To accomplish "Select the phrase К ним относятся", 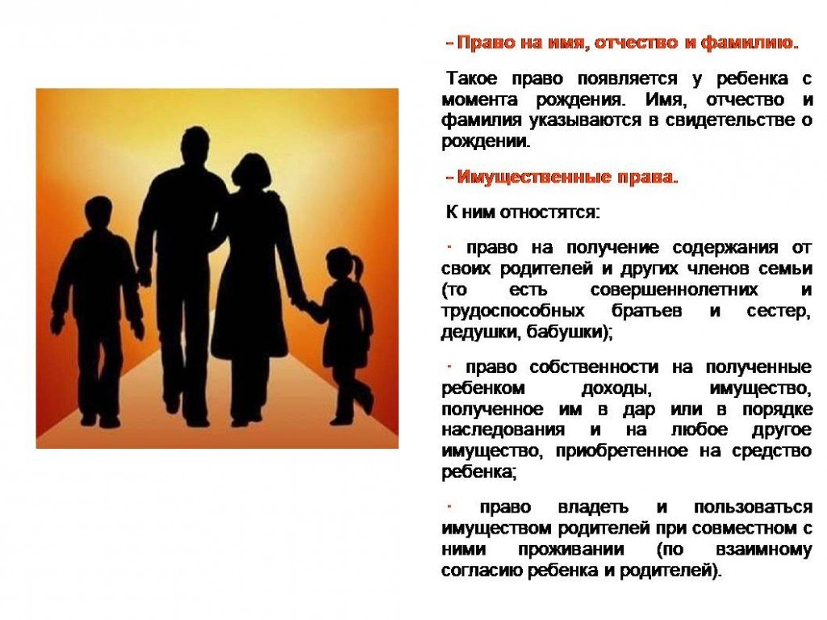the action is (523, 212).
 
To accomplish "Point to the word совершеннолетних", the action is (674, 290).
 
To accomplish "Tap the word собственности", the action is (594, 367).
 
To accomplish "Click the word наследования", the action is (503, 430).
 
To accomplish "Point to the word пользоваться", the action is (753, 507).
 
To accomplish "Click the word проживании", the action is (570, 549).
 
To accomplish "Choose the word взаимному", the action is (763, 549).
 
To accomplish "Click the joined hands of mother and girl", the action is (302, 303).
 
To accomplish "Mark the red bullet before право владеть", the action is (449, 506).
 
